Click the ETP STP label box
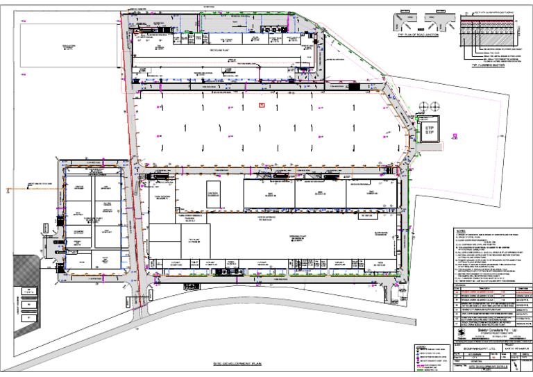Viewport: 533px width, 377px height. click(x=425, y=132)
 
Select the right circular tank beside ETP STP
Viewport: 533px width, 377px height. click(x=435, y=106)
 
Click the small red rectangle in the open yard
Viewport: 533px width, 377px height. click(x=262, y=105)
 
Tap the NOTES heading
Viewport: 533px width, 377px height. click(x=461, y=231)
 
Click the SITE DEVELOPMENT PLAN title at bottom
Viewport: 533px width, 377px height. click(x=237, y=363)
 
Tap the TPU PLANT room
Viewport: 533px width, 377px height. click(x=175, y=240)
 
